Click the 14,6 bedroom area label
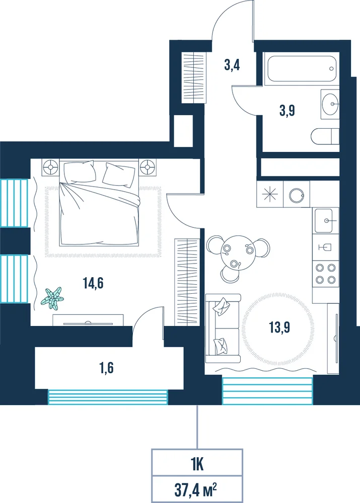point(93,283)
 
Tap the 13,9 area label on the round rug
point(279,327)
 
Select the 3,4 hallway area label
point(232,65)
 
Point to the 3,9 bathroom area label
point(287,111)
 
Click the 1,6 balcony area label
point(107,368)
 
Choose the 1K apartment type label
point(197,464)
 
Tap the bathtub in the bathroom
point(301,69)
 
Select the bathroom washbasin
point(330,104)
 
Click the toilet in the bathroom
point(325,137)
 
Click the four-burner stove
point(325,273)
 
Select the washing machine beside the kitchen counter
point(297,194)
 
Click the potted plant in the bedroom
point(52,298)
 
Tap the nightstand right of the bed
point(148,167)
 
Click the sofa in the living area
point(223,328)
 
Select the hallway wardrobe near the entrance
point(194,77)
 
